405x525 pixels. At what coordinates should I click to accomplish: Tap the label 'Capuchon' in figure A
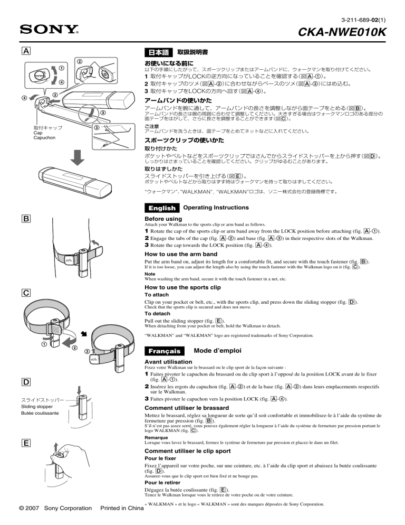pyautogui.click(x=44, y=138)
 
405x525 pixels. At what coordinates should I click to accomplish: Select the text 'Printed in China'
pyautogui.click(x=121, y=510)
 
